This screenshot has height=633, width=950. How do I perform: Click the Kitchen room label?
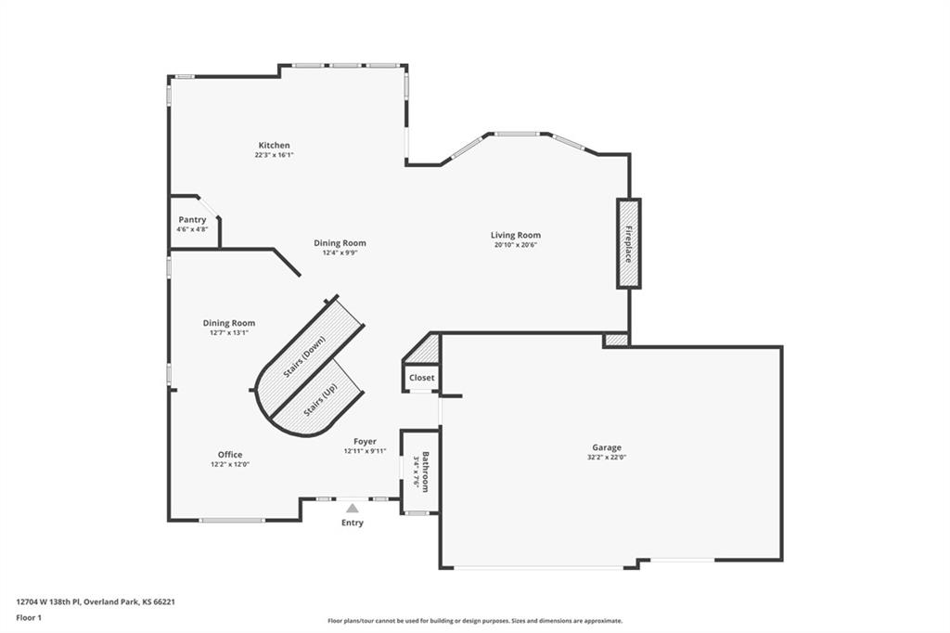click(x=274, y=145)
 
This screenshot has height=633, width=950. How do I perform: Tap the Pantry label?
click(x=192, y=219)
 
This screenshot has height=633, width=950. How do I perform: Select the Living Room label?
click(x=516, y=235)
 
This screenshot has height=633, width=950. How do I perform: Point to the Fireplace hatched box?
click(x=629, y=243)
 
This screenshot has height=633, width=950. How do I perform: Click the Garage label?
click(x=607, y=447)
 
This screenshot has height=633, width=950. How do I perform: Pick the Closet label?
click(x=422, y=377)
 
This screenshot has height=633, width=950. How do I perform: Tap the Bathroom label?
click(x=426, y=472)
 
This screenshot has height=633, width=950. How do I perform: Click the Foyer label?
click(x=365, y=442)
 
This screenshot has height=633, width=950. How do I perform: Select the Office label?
click(x=230, y=454)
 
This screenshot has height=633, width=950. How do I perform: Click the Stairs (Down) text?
click(x=304, y=356)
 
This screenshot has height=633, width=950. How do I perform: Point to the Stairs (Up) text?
click(x=321, y=399)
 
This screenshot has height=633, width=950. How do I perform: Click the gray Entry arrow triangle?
click(x=352, y=508)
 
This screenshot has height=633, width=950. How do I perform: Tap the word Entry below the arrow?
click(x=352, y=523)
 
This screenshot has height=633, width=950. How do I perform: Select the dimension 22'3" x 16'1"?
click(x=275, y=155)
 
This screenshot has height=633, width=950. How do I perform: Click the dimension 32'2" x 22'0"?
click(x=607, y=458)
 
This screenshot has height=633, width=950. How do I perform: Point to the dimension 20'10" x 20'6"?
click(x=516, y=244)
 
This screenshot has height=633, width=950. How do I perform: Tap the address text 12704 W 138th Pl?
click(x=47, y=602)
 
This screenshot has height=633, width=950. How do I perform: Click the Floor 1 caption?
click(x=29, y=618)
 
